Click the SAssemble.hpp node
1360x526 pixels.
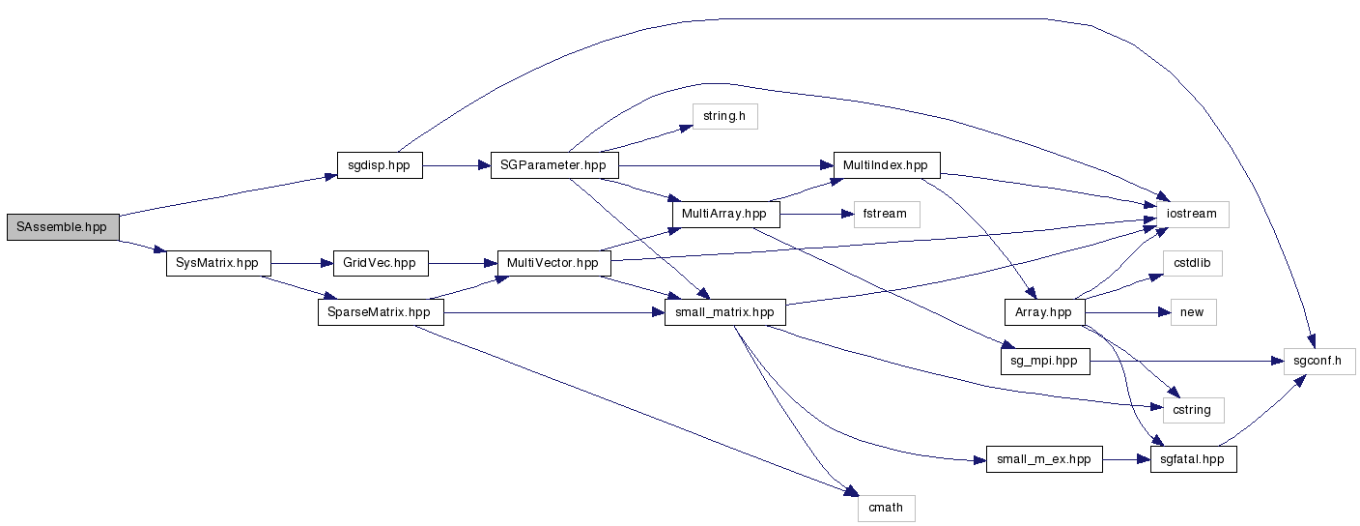pyautogui.click(x=62, y=226)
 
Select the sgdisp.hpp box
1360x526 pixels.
pyautogui.click(x=380, y=165)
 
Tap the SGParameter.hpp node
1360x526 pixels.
pyautogui.click(x=553, y=165)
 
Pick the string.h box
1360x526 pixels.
pyautogui.click(x=724, y=116)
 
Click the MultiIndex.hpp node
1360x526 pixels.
pyautogui.click(x=886, y=164)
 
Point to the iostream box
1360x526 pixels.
pyautogui.click(x=1186, y=214)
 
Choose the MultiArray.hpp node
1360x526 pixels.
pyautogui.click(x=723, y=214)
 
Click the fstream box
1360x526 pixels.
pyautogui.click(x=886, y=214)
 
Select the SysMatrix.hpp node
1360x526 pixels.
pyautogui.click(x=218, y=263)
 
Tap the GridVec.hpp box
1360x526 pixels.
pyautogui.click(x=380, y=263)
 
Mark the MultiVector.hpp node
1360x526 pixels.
pyautogui.click(x=553, y=263)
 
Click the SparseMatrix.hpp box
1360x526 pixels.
pyautogui.click(x=380, y=312)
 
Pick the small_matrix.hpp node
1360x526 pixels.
pyautogui.click(x=723, y=312)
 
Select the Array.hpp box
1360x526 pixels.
pyautogui.click(x=1045, y=312)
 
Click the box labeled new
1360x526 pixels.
pyautogui.click(x=1193, y=312)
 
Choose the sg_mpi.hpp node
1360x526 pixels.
pyautogui.click(x=1044, y=362)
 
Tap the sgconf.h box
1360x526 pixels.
pyautogui.click(x=1318, y=362)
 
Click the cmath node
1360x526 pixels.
pyautogui.click(x=886, y=508)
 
